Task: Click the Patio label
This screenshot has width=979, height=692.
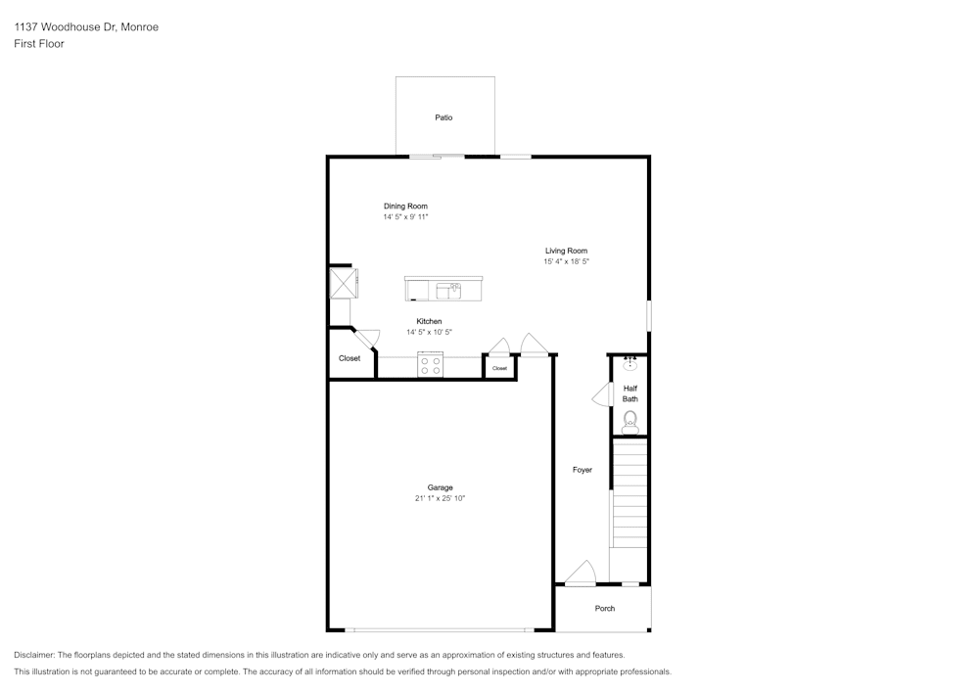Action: [443, 117]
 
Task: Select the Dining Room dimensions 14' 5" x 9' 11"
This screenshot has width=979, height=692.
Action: [405, 217]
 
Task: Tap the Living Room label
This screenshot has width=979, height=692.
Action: [566, 251]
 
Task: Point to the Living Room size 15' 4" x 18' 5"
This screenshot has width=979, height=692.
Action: [566, 262]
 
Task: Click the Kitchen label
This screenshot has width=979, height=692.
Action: [429, 321]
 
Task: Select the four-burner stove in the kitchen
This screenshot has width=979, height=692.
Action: [431, 366]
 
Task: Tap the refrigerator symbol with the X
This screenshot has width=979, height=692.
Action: [344, 283]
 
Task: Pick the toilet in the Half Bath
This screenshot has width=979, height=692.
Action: [630, 422]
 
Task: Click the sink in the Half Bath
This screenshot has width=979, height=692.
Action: [630, 367]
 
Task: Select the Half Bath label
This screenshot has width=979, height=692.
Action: [630, 393]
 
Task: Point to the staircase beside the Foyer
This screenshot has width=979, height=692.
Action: [629, 494]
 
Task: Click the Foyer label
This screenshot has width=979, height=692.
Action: [583, 470]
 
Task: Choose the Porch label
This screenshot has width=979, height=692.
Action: [605, 609]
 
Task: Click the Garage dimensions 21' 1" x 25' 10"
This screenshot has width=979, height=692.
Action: [440, 499]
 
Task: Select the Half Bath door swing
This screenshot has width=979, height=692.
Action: [601, 395]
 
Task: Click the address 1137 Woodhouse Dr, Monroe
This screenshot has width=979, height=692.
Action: [86, 27]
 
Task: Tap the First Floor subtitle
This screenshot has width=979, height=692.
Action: [39, 44]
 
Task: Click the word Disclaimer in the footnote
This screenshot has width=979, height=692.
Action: [34, 655]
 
